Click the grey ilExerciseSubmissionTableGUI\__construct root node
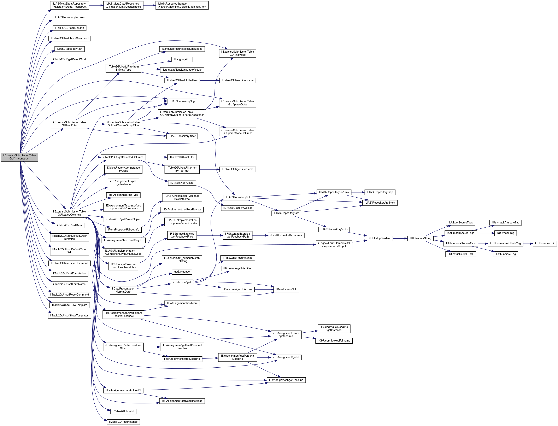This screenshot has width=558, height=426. [x=19, y=157]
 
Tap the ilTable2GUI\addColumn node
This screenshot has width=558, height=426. [x=69, y=28]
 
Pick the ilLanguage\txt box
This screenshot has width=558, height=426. [x=182, y=59]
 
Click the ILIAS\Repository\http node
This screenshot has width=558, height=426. [x=380, y=192]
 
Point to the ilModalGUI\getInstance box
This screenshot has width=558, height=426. [x=123, y=422]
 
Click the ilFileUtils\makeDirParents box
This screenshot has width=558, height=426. [x=286, y=235]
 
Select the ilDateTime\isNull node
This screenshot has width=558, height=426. [x=286, y=289]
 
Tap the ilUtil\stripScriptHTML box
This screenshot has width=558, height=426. [x=460, y=254]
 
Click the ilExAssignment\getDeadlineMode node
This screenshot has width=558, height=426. [x=182, y=401]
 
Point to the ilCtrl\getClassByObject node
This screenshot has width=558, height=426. [x=237, y=208]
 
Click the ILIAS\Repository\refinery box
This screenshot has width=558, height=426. [x=380, y=203]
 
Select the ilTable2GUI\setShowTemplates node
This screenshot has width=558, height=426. [x=69, y=315]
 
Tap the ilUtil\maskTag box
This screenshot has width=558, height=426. [x=505, y=233]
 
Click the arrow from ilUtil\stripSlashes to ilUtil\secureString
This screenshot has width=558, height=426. [x=400, y=238]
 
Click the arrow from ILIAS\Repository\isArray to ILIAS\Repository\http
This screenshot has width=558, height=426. [x=358, y=192]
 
